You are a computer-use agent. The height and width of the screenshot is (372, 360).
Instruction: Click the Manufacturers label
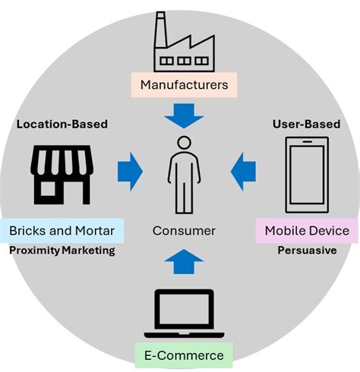184,85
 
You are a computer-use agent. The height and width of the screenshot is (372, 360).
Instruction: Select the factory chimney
160,30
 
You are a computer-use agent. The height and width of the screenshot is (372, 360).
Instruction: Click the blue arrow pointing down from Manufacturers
184,115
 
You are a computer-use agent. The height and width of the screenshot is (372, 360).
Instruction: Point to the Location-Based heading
62,125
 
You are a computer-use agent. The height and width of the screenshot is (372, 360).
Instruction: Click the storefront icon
62,175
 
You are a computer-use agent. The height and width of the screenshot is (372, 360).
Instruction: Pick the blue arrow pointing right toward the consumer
130,172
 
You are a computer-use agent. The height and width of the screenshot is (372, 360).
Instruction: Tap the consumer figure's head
184,143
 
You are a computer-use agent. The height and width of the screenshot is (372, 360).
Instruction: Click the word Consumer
184,231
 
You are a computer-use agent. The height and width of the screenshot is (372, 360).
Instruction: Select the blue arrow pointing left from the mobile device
243,172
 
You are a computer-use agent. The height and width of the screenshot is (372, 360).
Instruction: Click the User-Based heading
307,125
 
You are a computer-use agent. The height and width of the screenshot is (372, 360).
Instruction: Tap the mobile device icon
307,175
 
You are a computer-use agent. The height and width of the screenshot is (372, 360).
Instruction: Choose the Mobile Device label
307,231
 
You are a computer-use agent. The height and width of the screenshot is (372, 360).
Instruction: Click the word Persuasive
307,251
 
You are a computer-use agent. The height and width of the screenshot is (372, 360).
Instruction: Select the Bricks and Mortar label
62,231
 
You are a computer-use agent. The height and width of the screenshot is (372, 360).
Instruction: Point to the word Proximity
34,251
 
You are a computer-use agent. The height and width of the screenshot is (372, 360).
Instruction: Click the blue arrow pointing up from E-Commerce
184,261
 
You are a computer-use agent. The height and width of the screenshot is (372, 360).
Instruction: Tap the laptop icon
184,314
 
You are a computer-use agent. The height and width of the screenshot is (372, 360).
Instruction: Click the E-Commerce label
184,355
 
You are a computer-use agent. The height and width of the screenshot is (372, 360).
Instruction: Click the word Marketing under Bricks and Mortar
89,251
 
